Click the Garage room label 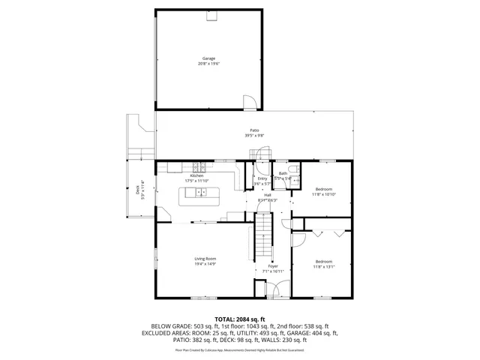tap(208, 58)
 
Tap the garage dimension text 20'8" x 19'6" tap(208, 63)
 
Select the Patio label tap(255, 130)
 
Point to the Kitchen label tap(186, 175)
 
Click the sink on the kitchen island tap(201, 193)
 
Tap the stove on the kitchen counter tap(199, 166)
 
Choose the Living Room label tap(205, 259)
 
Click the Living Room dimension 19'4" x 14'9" tap(205, 264)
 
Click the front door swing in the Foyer tap(276, 288)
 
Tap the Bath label tap(283, 173)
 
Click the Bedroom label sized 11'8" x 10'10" tap(324, 189)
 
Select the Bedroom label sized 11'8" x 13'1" tap(324, 261)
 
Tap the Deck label tap(138, 190)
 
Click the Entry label tap(262, 178)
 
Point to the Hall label tap(267, 195)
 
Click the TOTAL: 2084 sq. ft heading tap(240, 319)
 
